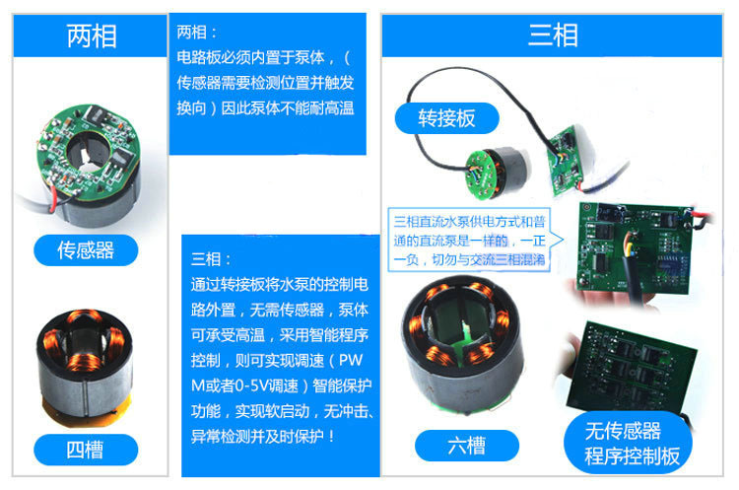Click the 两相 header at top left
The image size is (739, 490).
92,35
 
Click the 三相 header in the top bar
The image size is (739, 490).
553,35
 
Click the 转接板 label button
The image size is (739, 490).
446,118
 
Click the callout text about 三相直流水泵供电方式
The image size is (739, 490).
470,239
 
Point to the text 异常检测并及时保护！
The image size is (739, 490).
263,435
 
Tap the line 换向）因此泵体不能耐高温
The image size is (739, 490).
264,107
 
